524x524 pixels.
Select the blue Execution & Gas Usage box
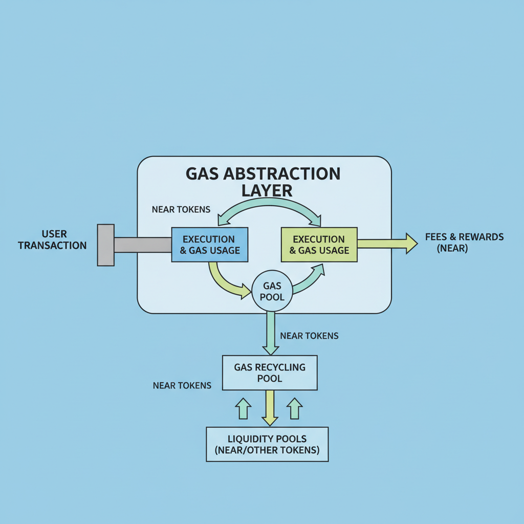pos(209,245)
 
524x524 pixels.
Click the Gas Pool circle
pos(272,291)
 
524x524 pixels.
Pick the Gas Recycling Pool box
pos(270,373)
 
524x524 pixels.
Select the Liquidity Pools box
pos(267,445)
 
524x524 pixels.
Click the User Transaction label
pos(52,239)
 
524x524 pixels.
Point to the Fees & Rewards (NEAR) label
pos(464,243)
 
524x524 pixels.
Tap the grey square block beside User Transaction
pos(105,245)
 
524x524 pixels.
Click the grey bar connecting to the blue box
pos(142,245)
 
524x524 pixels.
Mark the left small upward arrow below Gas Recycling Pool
pos(243,409)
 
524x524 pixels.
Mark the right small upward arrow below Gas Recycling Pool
pos(294,409)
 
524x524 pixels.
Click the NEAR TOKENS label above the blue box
pos(181,210)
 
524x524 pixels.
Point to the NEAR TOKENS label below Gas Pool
pos(309,336)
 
